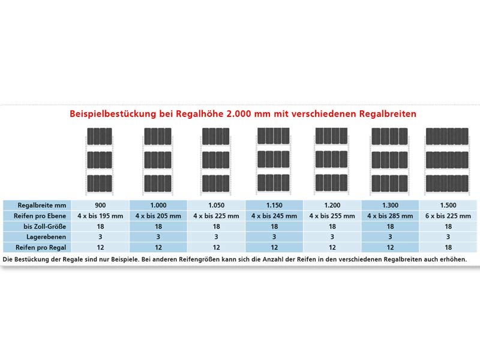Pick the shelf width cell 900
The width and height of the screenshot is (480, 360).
tap(101, 205)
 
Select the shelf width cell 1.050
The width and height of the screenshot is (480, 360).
tap(217, 205)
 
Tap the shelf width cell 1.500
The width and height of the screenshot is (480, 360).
tap(448, 205)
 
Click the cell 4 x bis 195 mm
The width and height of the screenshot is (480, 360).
tap(101, 216)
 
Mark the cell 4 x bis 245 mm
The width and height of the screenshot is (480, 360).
tap(274, 216)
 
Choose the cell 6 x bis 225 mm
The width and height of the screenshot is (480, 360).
tap(448, 216)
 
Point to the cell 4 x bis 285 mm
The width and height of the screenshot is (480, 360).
tap(390, 216)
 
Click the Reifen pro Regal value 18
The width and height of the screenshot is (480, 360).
tap(448, 247)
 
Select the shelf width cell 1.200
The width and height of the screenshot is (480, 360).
tap(332, 205)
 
